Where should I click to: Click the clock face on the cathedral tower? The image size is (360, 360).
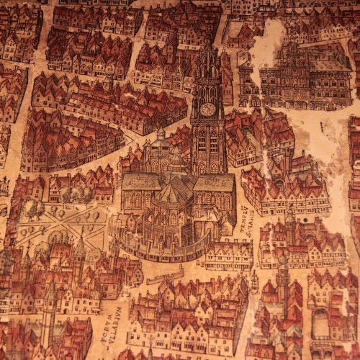tap(207, 109)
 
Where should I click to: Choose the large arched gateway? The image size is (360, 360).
tap(320, 324)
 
